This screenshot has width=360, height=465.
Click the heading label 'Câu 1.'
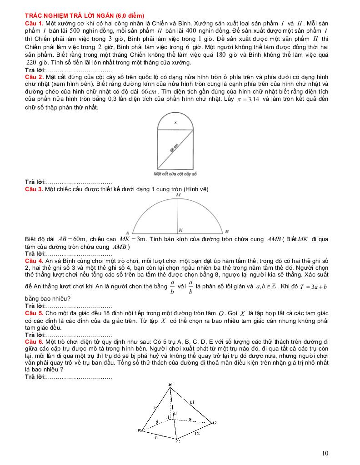(34, 22)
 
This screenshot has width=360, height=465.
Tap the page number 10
(325, 453)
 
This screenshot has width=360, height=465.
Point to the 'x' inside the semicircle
(175, 123)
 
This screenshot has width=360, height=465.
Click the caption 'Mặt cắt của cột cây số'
(175, 174)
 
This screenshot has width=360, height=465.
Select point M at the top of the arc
(178, 195)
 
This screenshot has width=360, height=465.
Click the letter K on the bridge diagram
(181, 230)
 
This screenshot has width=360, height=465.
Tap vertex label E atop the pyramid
(170, 385)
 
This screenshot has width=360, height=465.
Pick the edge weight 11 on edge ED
(192, 402)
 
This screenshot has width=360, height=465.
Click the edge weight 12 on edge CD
(197, 434)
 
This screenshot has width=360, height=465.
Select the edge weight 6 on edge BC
(156, 437)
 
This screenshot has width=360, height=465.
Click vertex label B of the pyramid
(139, 430)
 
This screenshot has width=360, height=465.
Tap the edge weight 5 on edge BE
(155, 407)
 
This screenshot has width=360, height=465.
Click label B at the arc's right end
(227, 232)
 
